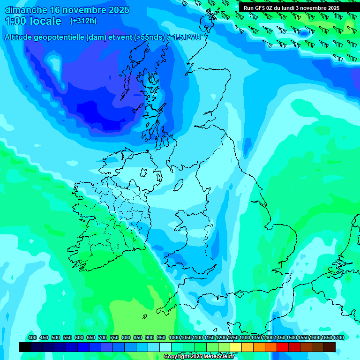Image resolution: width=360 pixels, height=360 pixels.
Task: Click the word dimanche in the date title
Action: [x=26, y=10]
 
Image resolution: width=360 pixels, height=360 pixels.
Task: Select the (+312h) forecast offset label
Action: [x=83, y=21]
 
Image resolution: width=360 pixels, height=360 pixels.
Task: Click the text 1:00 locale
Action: [x=33, y=21]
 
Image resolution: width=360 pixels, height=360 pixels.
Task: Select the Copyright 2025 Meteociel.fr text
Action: [x=199, y=357]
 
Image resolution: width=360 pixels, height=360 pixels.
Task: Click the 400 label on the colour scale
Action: [x=32, y=337]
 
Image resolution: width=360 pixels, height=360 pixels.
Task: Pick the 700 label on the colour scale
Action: [x=102, y=337]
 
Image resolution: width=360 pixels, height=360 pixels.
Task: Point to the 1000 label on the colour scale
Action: [x=174, y=337]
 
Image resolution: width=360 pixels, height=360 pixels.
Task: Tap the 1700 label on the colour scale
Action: [x=338, y=337]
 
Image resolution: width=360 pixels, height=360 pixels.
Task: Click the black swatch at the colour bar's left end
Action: [x=25, y=347]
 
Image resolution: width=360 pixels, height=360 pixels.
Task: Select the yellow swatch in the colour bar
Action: [x=236, y=347]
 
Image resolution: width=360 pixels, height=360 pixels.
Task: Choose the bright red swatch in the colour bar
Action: [x=283, y=347]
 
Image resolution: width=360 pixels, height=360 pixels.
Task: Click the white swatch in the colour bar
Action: [x=165, y=347]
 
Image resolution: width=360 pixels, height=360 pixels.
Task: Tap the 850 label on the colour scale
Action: [x=137, y=337]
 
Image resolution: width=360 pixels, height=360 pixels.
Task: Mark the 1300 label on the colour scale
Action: [x=244, y=337]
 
